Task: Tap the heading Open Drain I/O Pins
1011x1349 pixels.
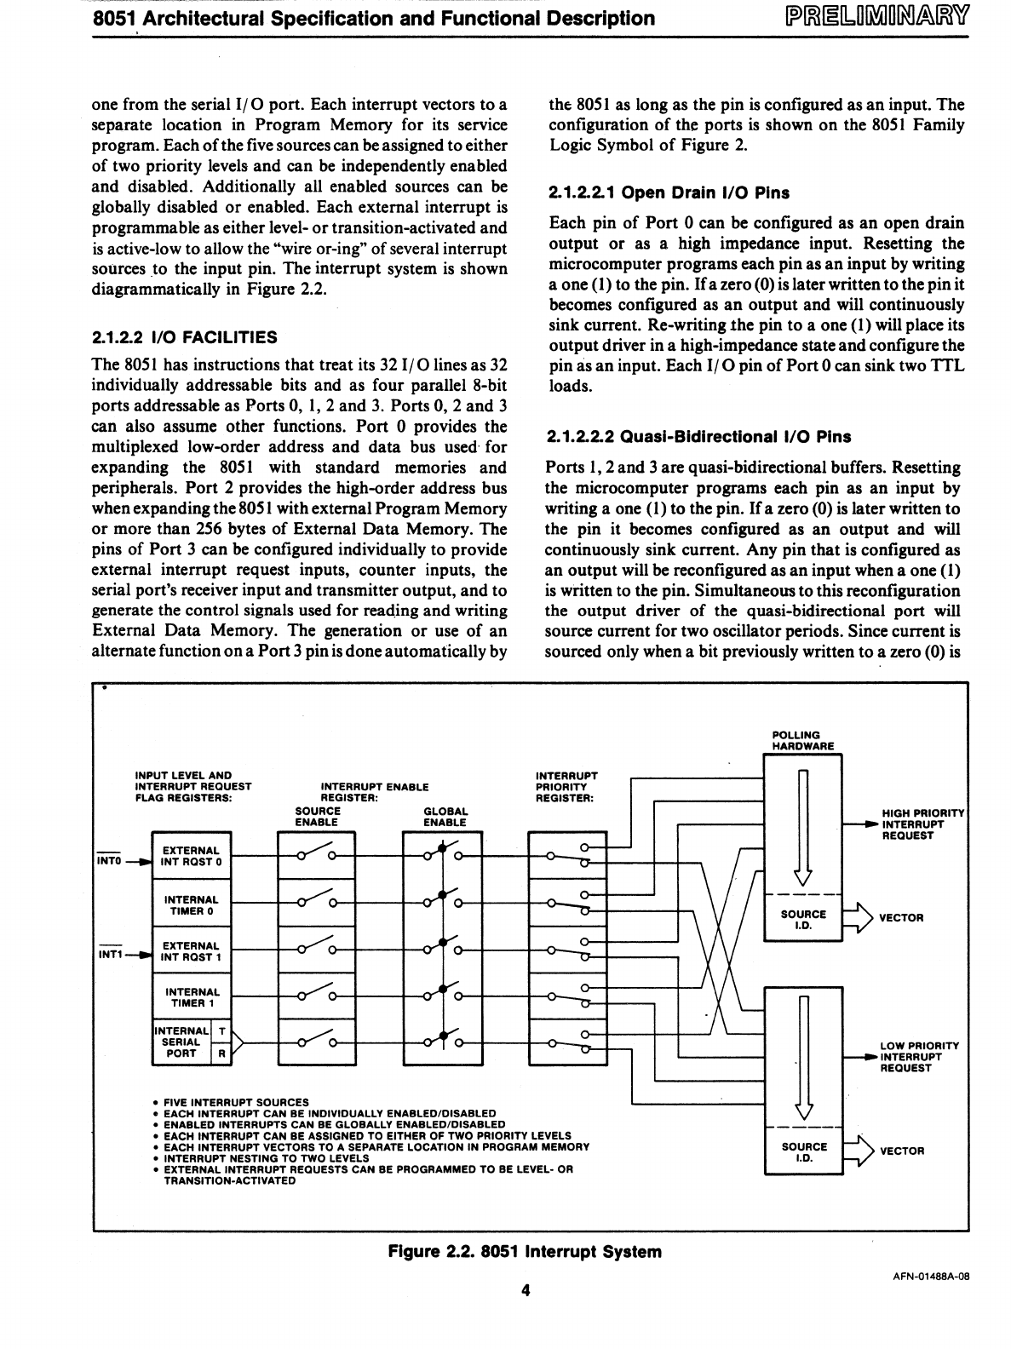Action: pos(669,192)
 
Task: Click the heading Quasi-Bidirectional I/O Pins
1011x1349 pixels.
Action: pos(699,437)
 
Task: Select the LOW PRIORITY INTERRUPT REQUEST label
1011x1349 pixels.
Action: pos(919,1057)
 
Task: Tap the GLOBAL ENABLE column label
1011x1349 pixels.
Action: pos(445,817)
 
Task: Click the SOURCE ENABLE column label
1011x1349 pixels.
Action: pos(317,817)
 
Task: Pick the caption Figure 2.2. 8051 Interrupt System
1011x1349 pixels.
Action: pos(524,1252)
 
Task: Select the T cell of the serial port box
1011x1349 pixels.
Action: pos(221,1031)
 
